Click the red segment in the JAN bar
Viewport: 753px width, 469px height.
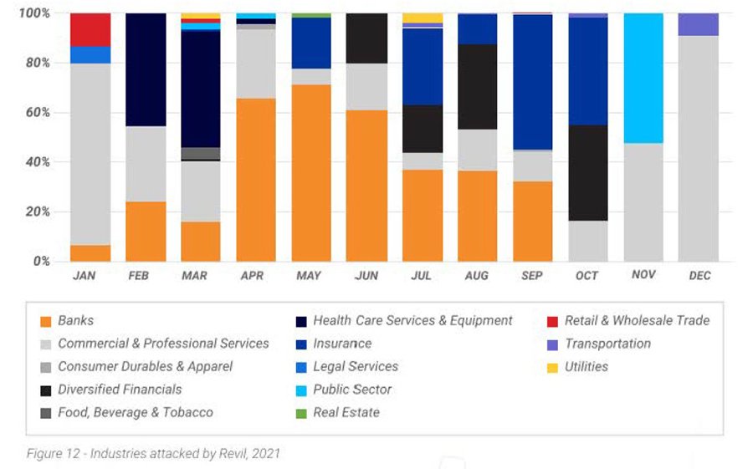click(x=90, y=29)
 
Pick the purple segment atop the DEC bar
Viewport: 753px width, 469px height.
click(x=698, y=24)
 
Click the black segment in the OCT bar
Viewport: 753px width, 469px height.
click(x=587, y=172)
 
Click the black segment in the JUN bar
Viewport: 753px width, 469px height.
click(x=366, y=38)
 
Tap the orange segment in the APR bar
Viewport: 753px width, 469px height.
click(x=256, y=180)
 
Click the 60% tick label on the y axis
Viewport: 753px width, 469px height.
click(x=36, y=112)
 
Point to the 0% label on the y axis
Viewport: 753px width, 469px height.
click(x=40, y=261)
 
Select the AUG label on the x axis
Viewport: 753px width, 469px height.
click(x=477, y=276)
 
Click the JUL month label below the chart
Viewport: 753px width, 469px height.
click(x=422, y=276)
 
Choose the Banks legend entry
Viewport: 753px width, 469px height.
click(x=75, y=320)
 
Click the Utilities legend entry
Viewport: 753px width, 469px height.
click(x=586, y=366)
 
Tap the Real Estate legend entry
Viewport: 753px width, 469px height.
click(x=346, y=412)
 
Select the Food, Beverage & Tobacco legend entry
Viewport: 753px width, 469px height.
click(x=135, y=412)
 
